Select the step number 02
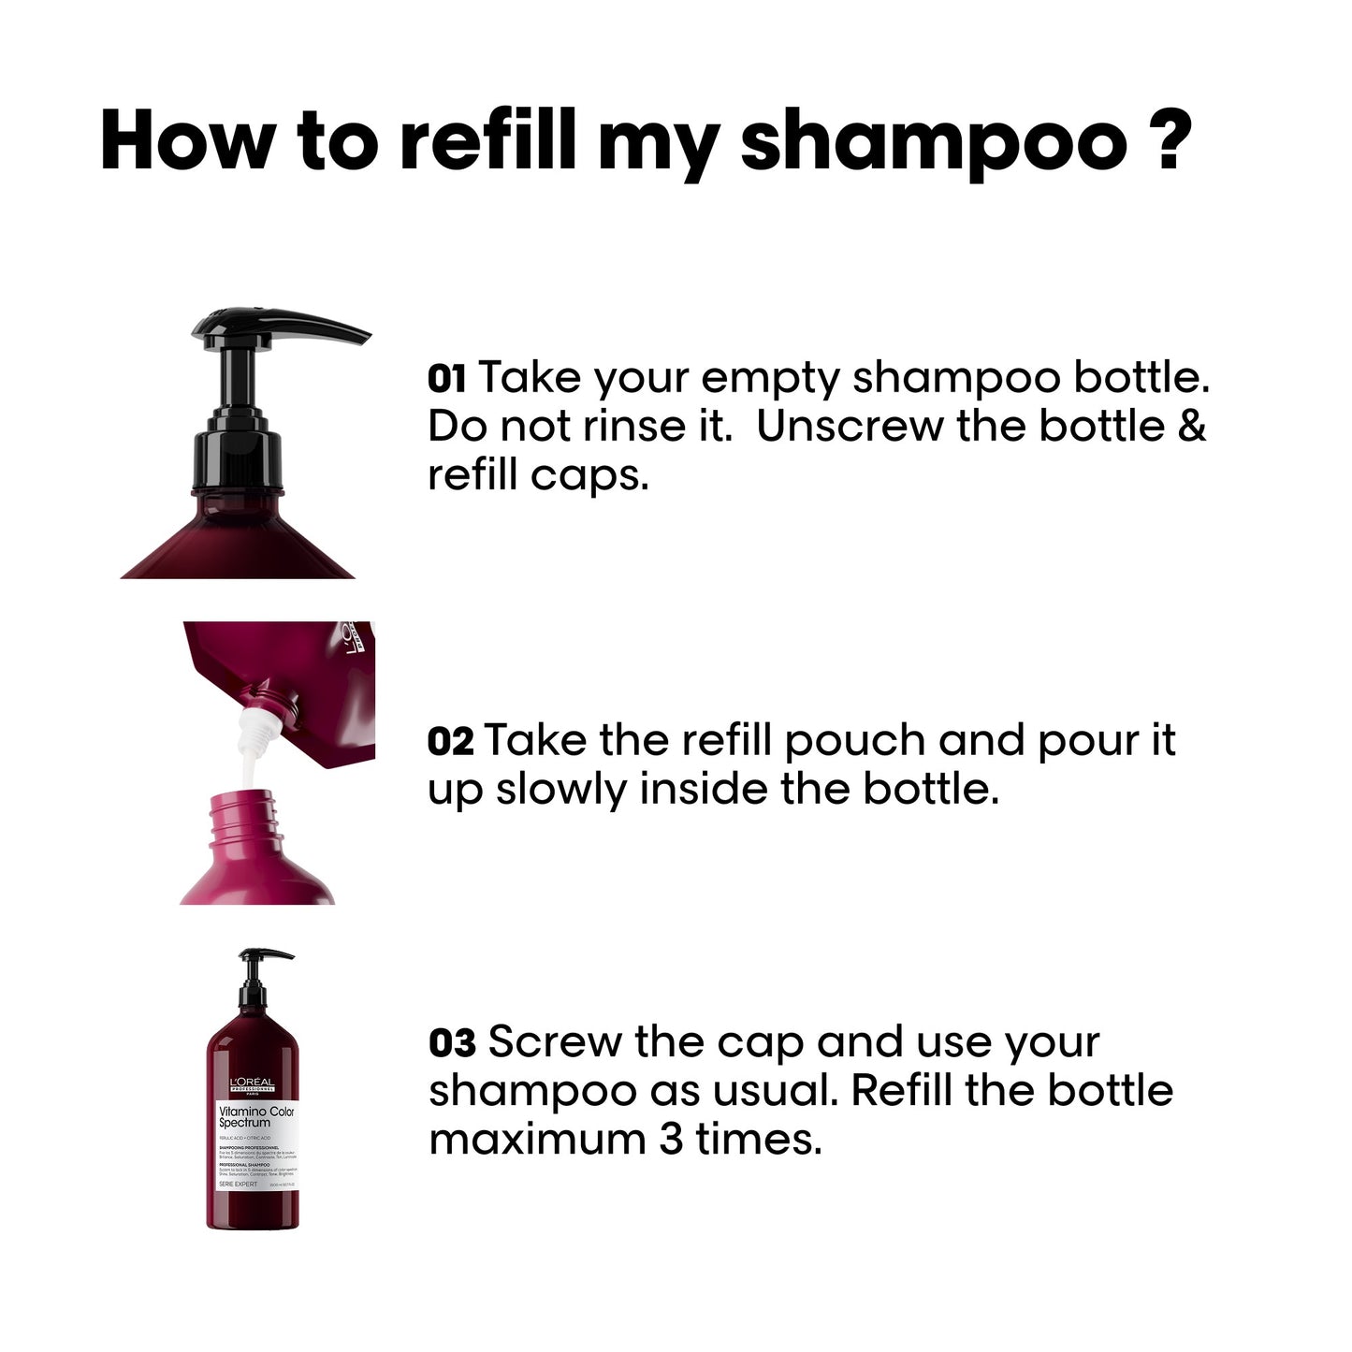click(450, 741)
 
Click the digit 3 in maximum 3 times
click(670, 1140)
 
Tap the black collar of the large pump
click(237, 462)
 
